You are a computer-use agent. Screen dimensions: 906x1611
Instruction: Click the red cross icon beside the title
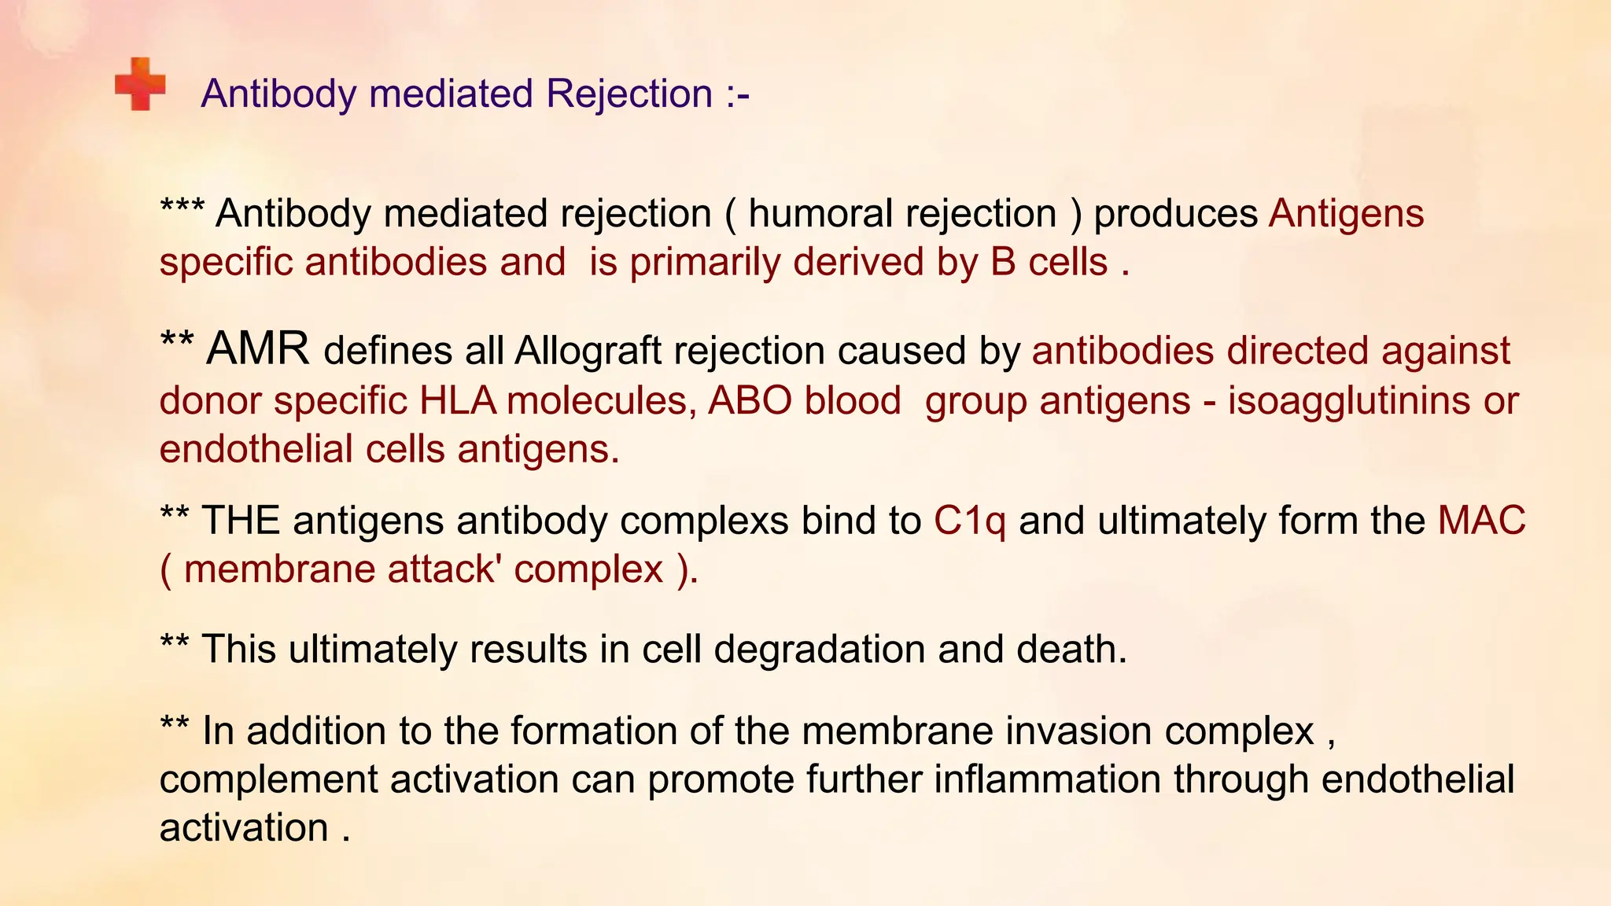coord(140,84)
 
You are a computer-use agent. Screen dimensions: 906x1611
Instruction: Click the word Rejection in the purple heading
coord(629,94)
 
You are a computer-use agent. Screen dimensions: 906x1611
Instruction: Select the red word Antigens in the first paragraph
coord(1346,214)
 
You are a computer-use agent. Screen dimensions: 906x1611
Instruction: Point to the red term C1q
coord(969,521)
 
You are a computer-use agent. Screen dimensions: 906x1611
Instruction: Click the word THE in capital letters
coord(241,521)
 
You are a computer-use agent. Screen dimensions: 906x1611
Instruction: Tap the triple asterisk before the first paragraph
coord(182,209)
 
